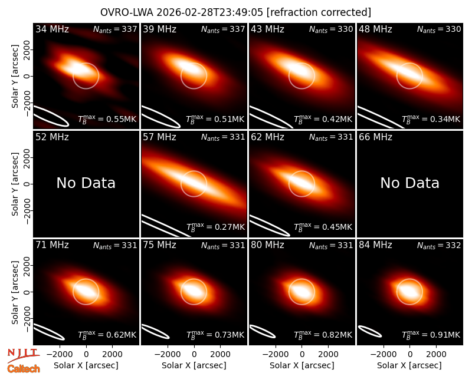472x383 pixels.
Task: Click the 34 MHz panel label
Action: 52,29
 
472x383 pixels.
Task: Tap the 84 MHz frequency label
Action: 375,245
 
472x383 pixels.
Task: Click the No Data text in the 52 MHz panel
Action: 86,183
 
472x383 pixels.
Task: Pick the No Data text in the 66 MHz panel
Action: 409,183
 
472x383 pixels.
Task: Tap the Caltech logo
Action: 24,369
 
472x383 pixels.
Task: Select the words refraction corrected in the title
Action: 319,12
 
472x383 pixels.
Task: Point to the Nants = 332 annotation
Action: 439,246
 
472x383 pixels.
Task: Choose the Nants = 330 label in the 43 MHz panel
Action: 331,29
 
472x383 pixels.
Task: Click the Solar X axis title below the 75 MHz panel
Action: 194,365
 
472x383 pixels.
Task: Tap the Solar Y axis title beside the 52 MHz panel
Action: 15,184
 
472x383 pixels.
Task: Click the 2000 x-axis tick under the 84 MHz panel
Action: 436,354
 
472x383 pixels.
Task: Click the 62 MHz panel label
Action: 268,137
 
